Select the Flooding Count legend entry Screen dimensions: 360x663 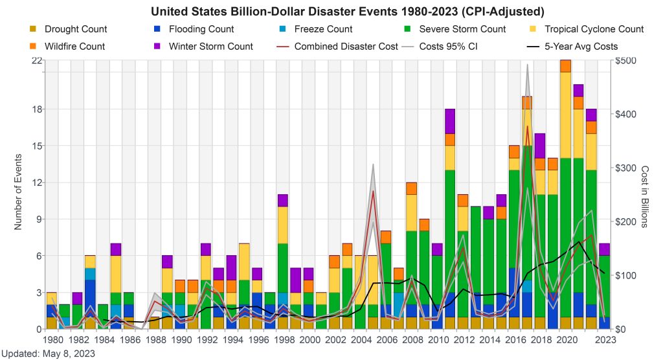point(201,29)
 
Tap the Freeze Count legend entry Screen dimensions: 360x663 point(323,29)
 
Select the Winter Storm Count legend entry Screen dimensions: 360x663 point(210,47)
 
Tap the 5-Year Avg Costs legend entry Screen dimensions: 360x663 point(581,47)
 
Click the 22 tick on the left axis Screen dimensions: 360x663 point(37,60)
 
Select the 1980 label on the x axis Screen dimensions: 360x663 point(52,339)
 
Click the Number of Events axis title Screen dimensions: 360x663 point(18,192)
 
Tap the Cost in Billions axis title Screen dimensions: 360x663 point(644,194)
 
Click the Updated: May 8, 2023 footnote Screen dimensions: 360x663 point(48,354)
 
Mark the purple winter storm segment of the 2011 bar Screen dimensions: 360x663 point(450,121)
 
